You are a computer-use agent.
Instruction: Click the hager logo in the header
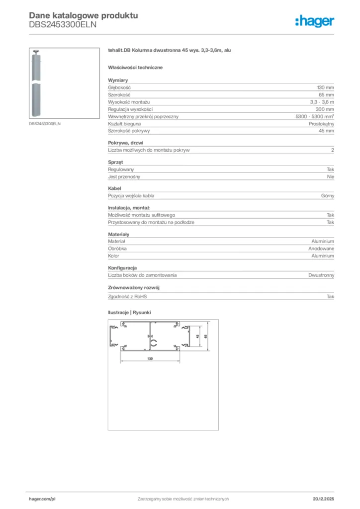pyautogui.click(x=315, y=20)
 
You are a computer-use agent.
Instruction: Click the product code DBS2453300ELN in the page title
pyautogui.click(x=62, y=24)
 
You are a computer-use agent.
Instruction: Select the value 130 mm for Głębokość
pyautogui.click(x=325, y=87)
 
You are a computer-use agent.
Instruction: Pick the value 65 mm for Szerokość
pyautogui.click(x=326, y=94)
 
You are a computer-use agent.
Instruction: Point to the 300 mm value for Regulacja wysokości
pyautogui.click(x=325, y=109)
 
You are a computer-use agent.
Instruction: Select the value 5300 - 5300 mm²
pyautogui.click(x=315, y=116)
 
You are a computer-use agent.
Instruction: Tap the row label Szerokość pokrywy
pyautogui.click(x=129, y=131)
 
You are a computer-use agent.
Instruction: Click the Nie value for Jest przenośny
pyautogui.click(x=330, y=176)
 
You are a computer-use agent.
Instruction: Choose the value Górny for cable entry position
pyautogui.click(x=328, y=196)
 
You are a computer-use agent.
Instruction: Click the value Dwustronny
pyautogui.click(x=321, y=275)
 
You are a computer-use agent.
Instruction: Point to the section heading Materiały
pyautogui.click(x=118, y=234)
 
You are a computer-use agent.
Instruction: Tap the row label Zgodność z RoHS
pyautogui.click(x=128, y=296)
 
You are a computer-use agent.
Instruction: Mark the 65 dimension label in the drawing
pyautogui.click(x=205, y=337)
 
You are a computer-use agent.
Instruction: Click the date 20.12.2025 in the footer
pyautogui.click(x=323, y=499)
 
